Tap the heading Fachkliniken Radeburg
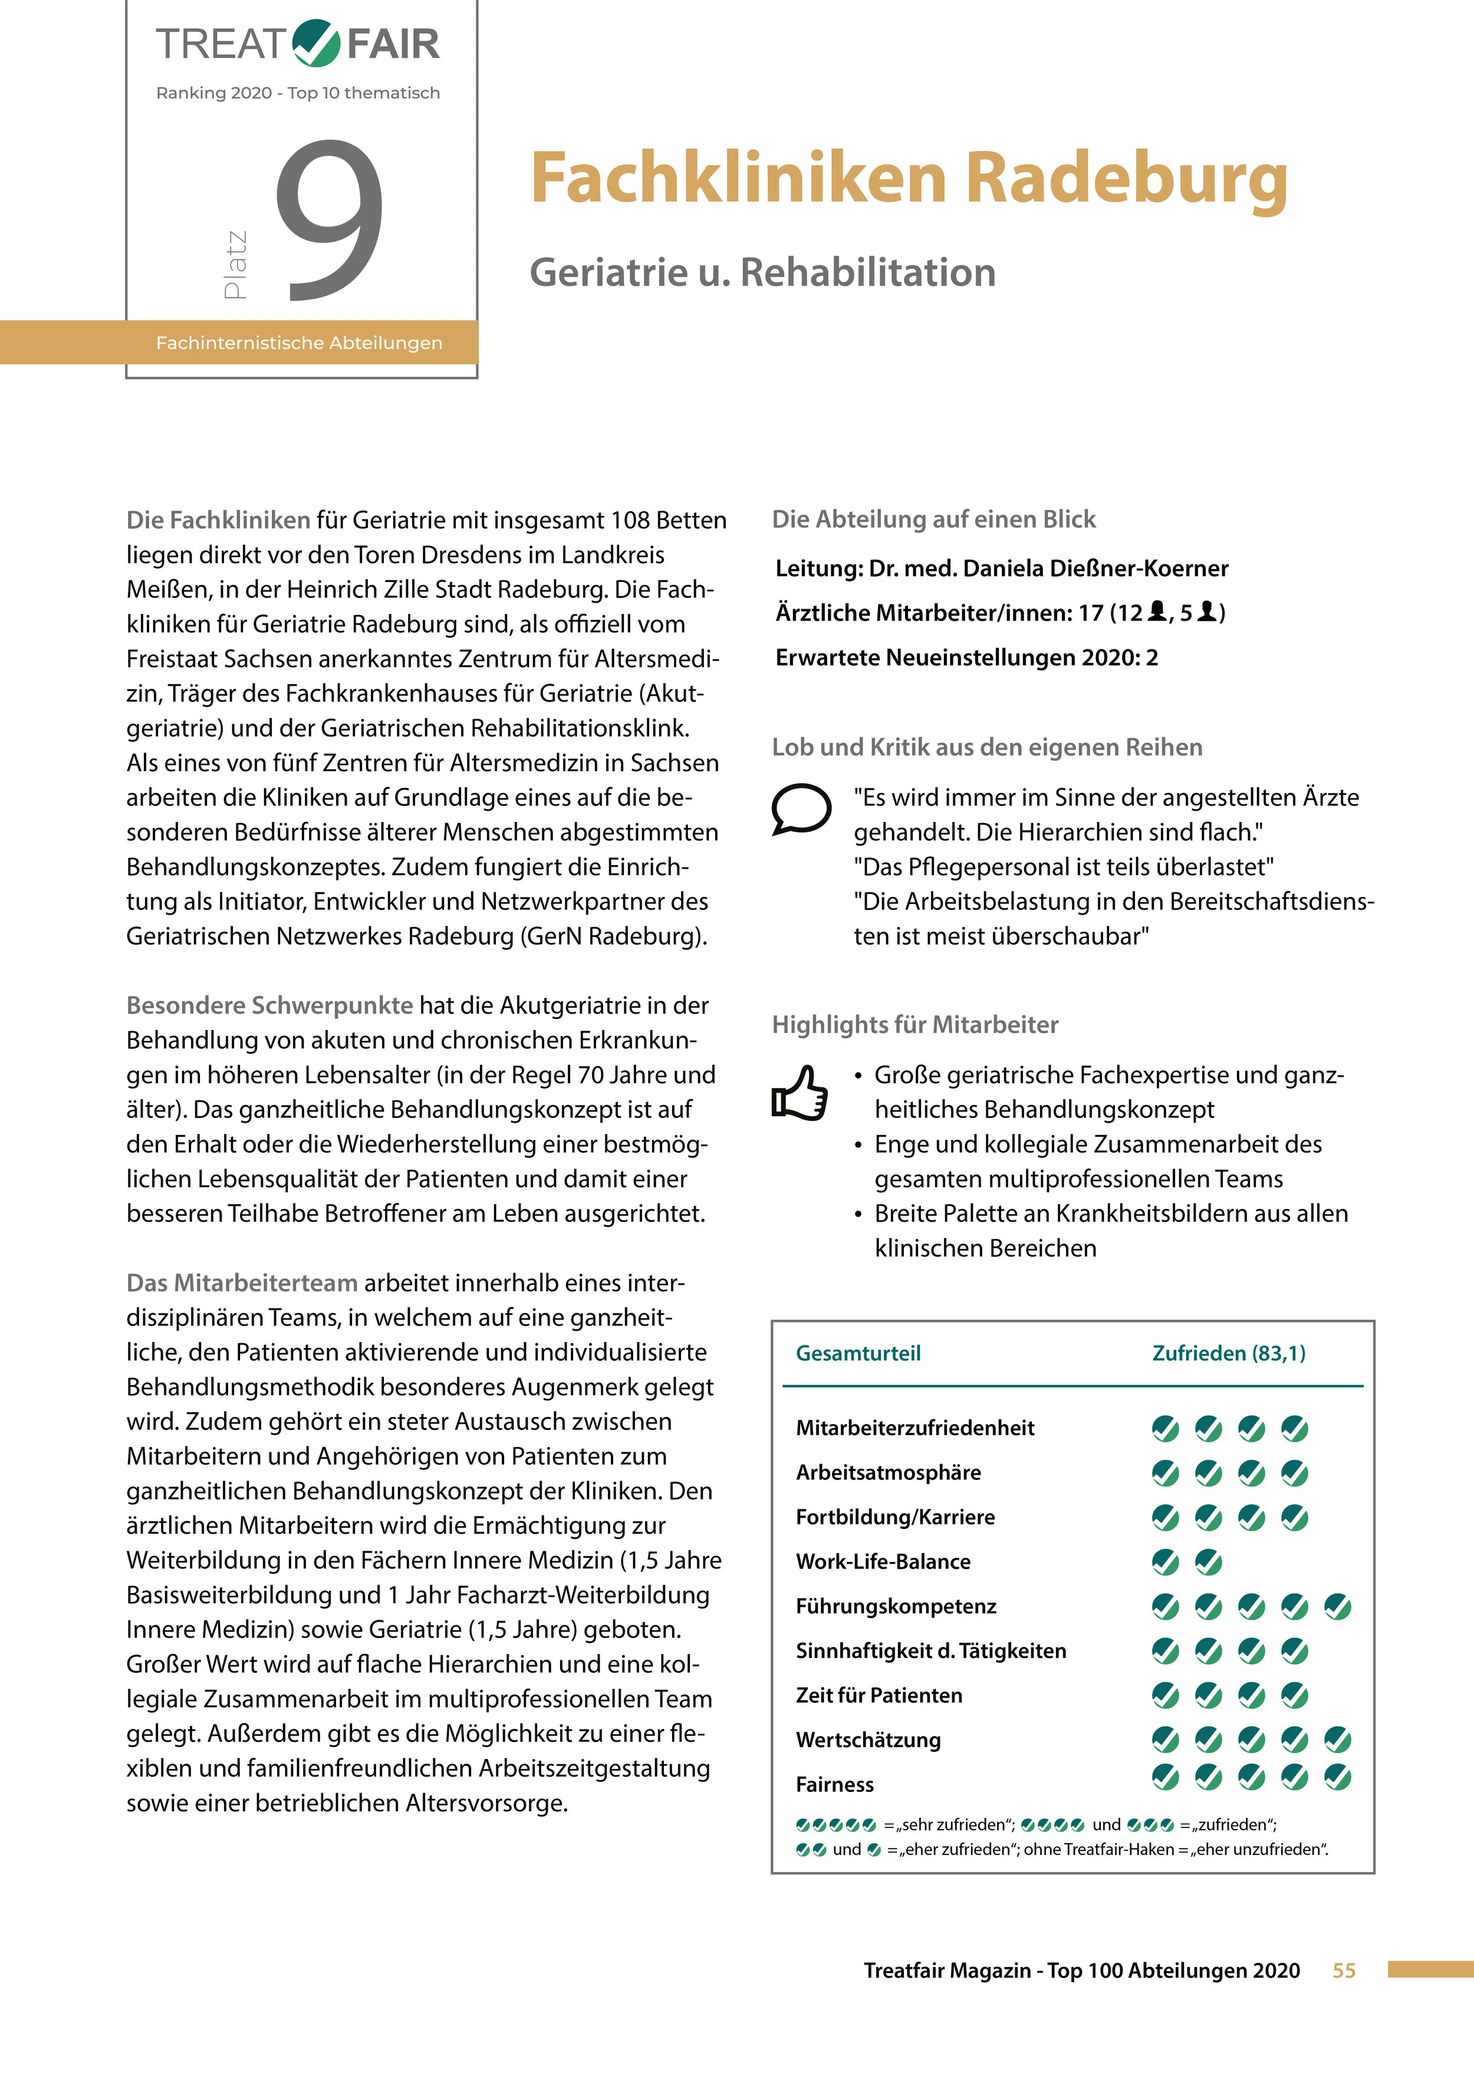pyautogui.click(x=908, y=178)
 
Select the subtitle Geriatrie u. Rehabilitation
pyautogui.click(x=762, y=272)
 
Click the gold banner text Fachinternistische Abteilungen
pyautogui.click(x=299, y=343)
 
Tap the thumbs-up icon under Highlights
pyautogui.click(x=800, y=1093)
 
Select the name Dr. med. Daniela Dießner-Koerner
pyautogui.click(x=1048, y=568)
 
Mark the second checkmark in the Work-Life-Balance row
pyautogui.click(x=1208, y=1562)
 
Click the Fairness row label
pyautogui.click(x=835, y=1784)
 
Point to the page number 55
pyautogui.click(x=1343, y=1971)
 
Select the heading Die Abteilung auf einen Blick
pyautogui.click(x=933, y=519)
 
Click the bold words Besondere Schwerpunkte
pyautogui.click(x=269, y=1005)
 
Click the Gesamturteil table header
pyautogui.click(x=858, y=1353)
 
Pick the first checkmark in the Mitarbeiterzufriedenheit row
pyautogui.click(x=1165, y=1429)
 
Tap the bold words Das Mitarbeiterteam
pyautogui.click(x=242, y=1283)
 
